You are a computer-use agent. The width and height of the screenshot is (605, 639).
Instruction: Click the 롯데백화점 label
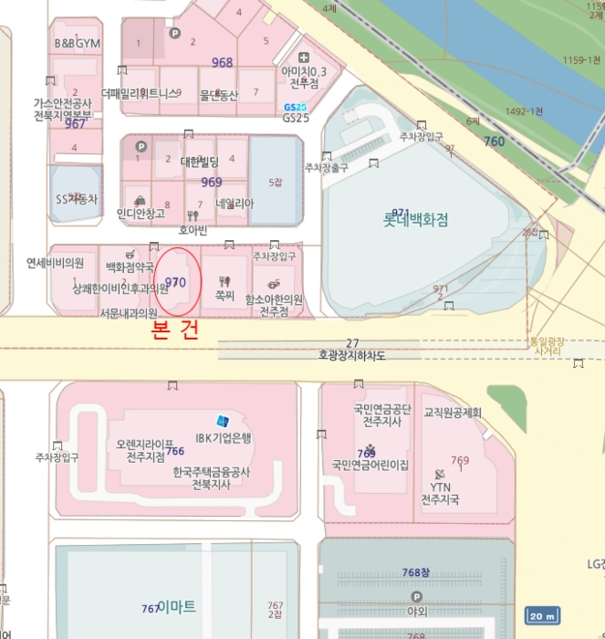pos(415,220)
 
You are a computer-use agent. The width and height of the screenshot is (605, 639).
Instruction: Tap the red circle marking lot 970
pos(178,282)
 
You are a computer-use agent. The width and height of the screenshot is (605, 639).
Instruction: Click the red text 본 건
pos(174,332)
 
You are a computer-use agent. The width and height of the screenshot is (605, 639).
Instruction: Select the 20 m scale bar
pos(541,614)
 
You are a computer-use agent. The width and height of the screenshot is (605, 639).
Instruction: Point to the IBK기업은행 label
pos(223,437)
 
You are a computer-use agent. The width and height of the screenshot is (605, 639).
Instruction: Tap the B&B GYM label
pos(78,43)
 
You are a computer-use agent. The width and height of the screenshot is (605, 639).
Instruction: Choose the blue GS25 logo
pos(295,107)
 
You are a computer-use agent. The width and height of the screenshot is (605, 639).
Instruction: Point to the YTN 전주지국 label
pos(441,494)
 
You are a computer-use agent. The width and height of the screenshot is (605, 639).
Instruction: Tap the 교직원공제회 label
pos(452,413)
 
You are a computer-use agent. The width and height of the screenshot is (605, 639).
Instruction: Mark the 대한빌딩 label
pos(200,162)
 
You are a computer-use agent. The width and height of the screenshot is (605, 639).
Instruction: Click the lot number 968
pos(222,63)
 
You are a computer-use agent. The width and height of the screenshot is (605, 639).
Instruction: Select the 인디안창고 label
pos(141,213)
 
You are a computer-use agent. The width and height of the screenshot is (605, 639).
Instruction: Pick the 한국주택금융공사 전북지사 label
pos(211,477)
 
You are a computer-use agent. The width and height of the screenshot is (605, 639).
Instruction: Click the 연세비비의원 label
pos(55,263)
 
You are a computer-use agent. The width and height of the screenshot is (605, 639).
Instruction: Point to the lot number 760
pos(494,141)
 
